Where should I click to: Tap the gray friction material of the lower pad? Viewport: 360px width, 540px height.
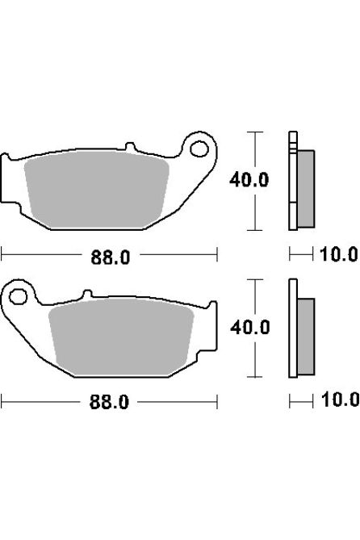(x=121, y=336)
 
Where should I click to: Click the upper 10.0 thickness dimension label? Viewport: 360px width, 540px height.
(x=339, y=256)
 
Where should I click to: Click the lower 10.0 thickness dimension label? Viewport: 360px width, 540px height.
(x=339, y=400)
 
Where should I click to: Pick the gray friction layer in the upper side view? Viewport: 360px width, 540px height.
(x=303, y=187)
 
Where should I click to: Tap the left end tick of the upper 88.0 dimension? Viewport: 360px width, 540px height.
(x=2, y=255)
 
